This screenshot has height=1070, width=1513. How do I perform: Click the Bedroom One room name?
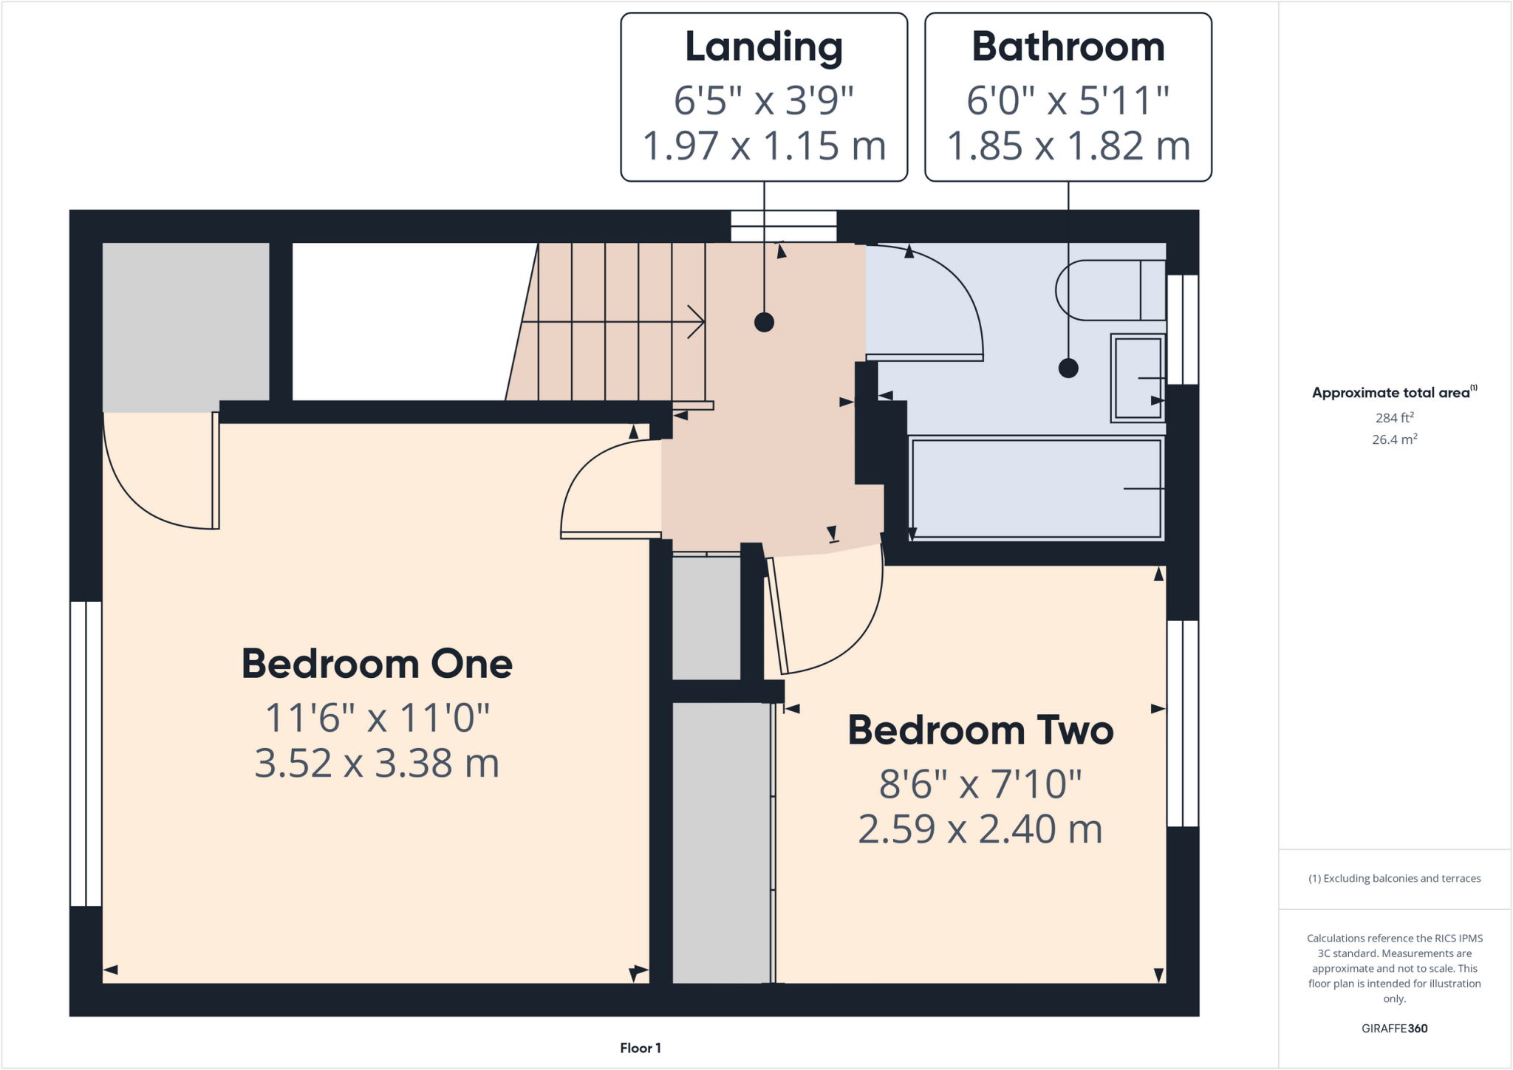coord(377,663)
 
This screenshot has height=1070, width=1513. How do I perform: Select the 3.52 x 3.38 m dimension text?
coord(377,763)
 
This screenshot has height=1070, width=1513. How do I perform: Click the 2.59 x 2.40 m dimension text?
coord(980,829)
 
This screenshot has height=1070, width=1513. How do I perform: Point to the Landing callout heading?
coord(764,47)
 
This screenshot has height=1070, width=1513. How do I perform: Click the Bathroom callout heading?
coord(1068,47)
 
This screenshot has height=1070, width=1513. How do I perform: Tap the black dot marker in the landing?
coord(764,322)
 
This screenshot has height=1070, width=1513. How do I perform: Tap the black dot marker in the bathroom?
coord(1068,368)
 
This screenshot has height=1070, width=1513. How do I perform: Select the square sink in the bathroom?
coord(1137,377)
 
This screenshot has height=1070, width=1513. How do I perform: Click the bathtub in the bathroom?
coord(1036,488)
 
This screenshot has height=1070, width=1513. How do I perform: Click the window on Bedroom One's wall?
coord(86,753)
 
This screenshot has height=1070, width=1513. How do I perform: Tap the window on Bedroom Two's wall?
coord(1182,723)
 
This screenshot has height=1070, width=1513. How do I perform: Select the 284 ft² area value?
coord(1394,417)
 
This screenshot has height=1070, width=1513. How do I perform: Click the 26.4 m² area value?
coord(1394,439)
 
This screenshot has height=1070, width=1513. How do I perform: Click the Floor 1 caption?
coord(640,1048)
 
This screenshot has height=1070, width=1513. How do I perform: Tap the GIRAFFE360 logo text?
coord(1394,1028)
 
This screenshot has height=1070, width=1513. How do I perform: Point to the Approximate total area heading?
coord(1393,392)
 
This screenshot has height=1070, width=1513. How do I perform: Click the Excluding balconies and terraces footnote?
coord(1394,878)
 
